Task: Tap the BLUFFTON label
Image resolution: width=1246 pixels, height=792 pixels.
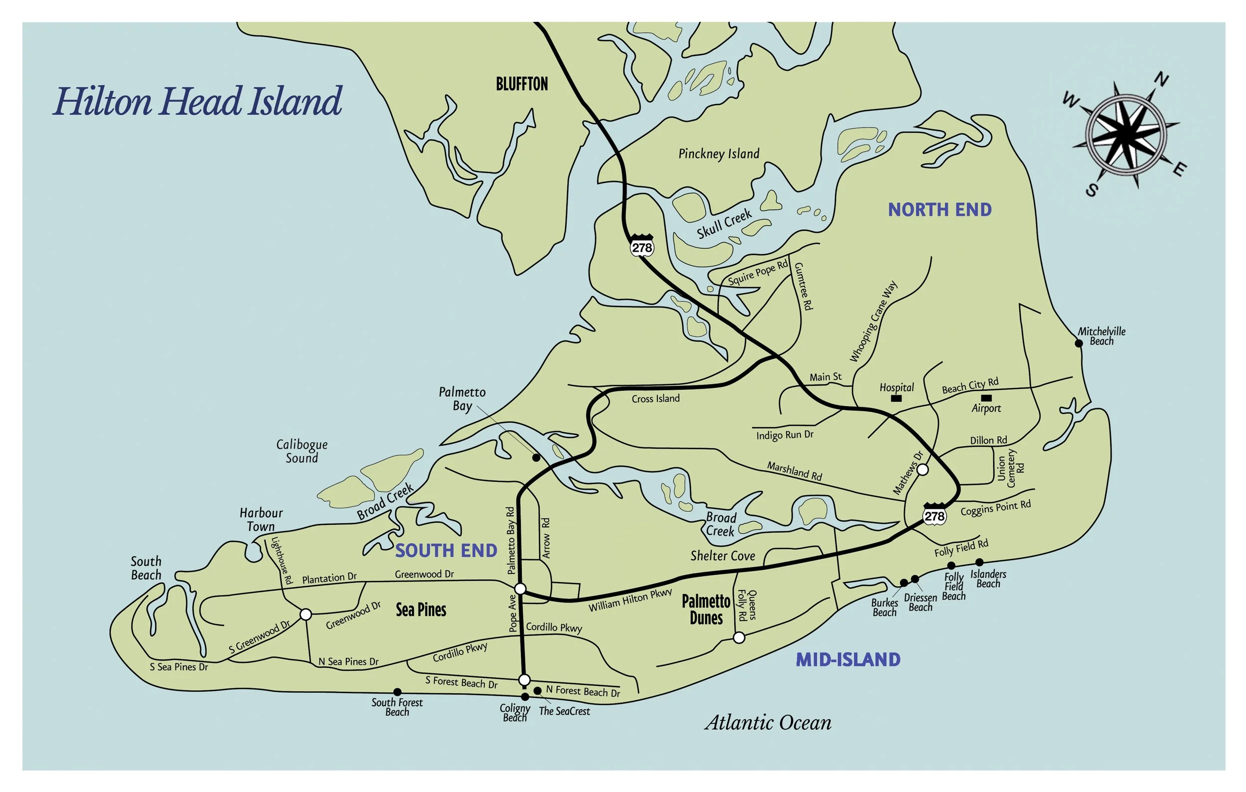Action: (x=522, y=84)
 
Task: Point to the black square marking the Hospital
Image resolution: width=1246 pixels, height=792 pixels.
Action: (x=897, y=398)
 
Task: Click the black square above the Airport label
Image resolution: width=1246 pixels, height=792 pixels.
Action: (x=986, y=397)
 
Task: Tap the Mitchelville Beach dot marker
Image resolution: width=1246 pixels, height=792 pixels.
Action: (x=1079, y=343)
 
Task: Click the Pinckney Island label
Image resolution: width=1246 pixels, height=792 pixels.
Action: (x=719, y=154)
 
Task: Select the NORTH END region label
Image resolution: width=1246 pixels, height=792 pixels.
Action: (x=939, y=209)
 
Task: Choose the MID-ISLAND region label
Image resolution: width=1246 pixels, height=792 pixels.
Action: (x=848, y=659)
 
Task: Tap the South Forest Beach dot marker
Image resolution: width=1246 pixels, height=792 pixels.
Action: (x=397, y=692)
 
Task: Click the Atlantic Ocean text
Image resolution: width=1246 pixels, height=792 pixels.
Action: (x=768, y=723)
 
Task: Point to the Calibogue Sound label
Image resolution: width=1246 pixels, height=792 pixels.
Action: (x=302, y=451)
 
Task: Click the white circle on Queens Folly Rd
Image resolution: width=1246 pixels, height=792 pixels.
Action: (x=740, y=638)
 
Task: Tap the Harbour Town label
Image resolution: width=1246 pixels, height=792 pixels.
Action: (x=261, y=519)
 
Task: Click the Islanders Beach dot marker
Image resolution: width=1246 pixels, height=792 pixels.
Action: (x=979, y=562)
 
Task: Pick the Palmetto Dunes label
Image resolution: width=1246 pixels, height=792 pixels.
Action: (x=706, y=610)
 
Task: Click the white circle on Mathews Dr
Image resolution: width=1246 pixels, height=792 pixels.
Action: (x=922, y=470)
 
